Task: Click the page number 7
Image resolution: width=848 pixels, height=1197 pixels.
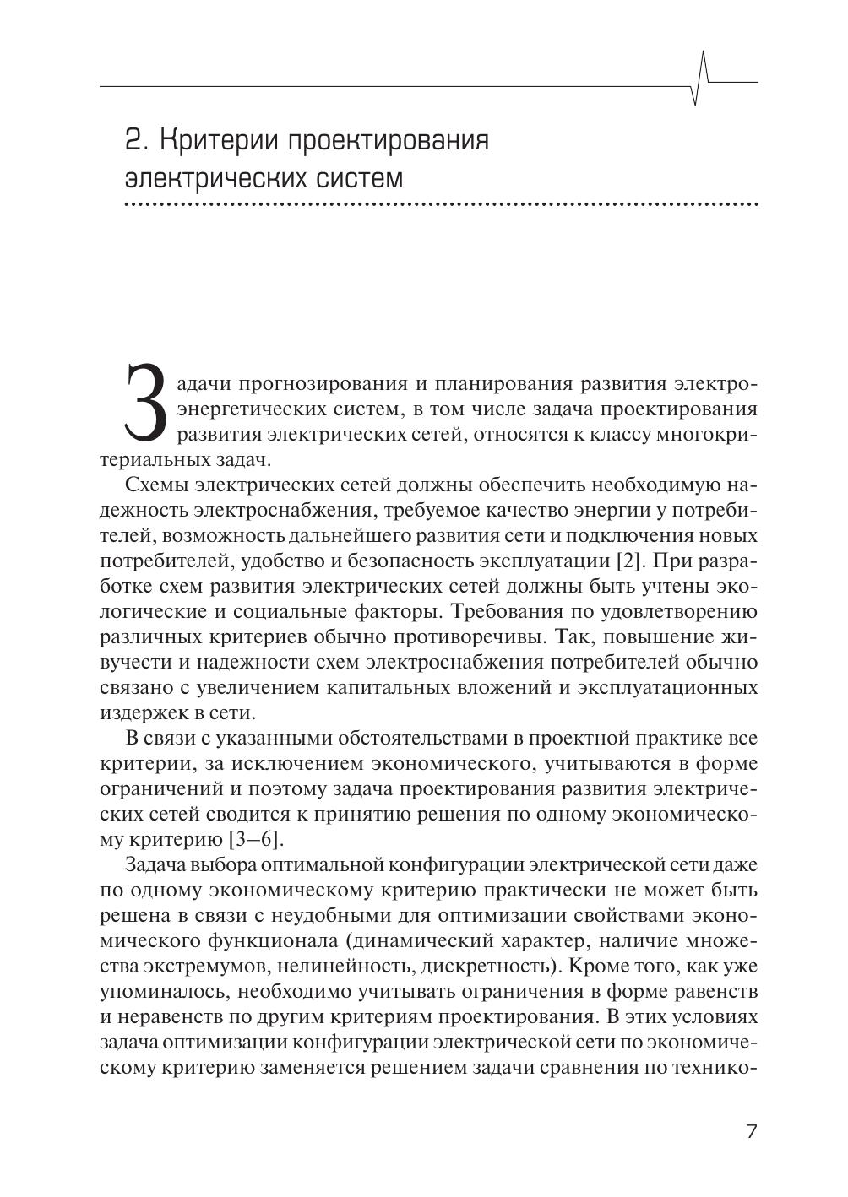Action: [x=752, y=1131]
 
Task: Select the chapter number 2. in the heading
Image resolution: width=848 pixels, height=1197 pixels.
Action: [x=137, y=138]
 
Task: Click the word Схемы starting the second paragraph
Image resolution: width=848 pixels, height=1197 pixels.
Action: [x=157, y=485]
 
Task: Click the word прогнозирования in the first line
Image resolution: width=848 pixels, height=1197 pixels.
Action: [x=323, y=384]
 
